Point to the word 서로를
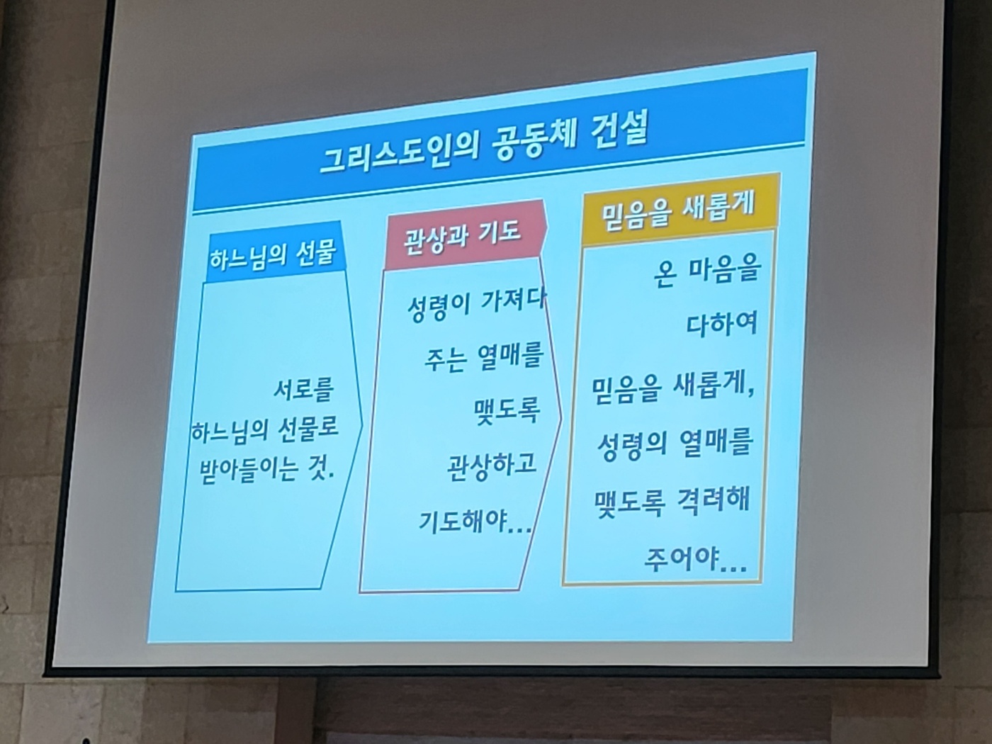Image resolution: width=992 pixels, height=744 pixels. click(303, 390)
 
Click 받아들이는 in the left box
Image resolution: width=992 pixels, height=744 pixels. click(248, 469)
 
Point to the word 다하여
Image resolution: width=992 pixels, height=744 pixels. click(722, 323)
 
